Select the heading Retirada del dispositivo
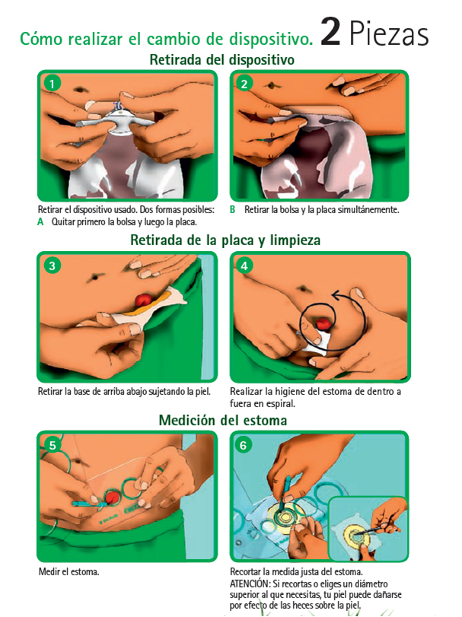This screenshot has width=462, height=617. point(222,60)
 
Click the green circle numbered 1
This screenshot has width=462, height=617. point(52,84)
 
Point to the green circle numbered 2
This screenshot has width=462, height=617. point(244,84)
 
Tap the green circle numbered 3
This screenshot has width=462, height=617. point(52,266)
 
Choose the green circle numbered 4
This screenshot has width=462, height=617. point(244,266)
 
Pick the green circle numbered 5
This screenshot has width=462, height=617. point(53,445)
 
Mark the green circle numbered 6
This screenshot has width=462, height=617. point(244,445)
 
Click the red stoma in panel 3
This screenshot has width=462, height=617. point(143,301)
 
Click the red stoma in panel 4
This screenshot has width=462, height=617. point(324,323)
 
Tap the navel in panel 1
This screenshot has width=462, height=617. point(81,89)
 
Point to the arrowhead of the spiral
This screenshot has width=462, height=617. point(336,295)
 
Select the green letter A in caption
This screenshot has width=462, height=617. point(40,222)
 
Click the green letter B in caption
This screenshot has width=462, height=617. point(232,210)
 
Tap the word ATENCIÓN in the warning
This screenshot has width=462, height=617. point(250,584)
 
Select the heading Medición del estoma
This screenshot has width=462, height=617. point(223,420)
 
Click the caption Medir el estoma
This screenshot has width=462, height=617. point(69,571)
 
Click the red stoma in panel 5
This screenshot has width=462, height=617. point(113,497)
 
